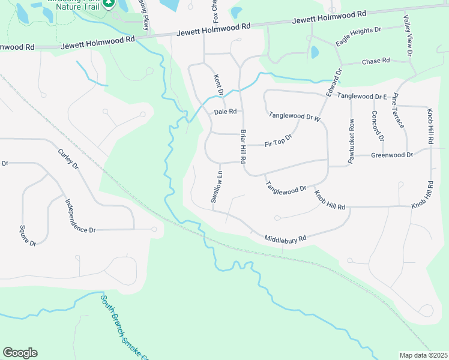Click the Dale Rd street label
pos(226,112)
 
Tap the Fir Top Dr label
pos(278,141)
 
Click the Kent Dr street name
pos(218,85)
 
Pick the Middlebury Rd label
pos(286,238)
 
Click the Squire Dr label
pos(28,235)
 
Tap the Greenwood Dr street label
pos(392,155)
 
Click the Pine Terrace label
pos(398,110)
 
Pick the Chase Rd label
pos(376,61)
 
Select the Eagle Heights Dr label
pos(358,37)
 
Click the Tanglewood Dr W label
pos(295,116)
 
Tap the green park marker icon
pos(109,4)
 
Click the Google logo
pos(20,353)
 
